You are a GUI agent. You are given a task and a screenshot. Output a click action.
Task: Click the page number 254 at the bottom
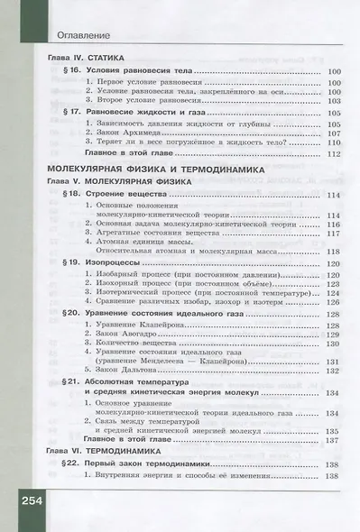(25, 500)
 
